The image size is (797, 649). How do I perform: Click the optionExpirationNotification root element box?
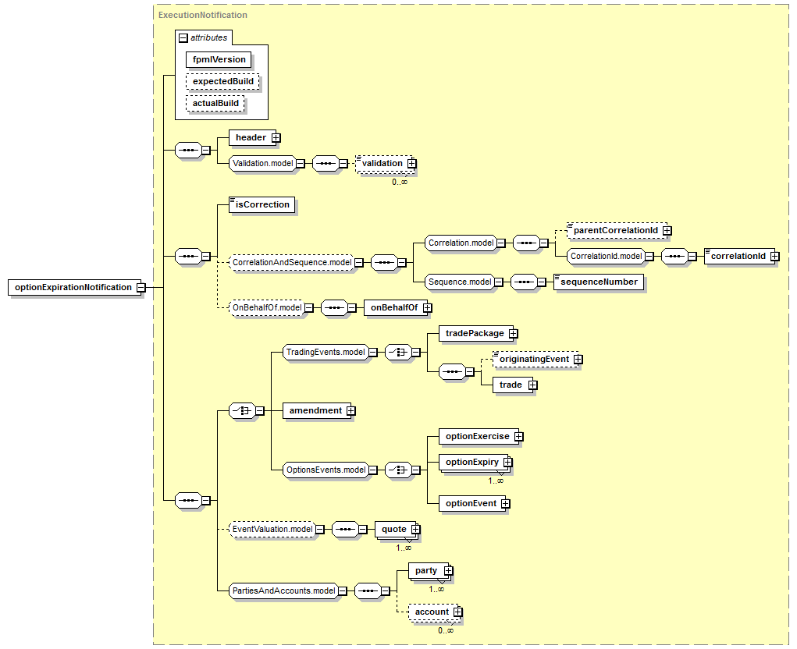click(73, 287)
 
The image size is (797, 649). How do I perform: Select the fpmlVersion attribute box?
click(219, 59)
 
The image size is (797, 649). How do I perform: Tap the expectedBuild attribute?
click(222, 81)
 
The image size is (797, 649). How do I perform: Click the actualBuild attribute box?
click(215, 103)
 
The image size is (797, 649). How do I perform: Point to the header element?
click(252, 137)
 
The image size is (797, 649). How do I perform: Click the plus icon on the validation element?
click(411, 164)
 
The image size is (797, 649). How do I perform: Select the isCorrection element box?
click(262, 204)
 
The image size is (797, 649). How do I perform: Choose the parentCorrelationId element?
click(617, 231)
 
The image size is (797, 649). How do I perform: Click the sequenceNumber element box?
click(599, 282)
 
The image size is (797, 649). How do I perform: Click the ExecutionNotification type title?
click(203, 16)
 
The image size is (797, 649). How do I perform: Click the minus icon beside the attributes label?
click(183, 38)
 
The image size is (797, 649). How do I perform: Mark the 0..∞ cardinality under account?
click(446, 630)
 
